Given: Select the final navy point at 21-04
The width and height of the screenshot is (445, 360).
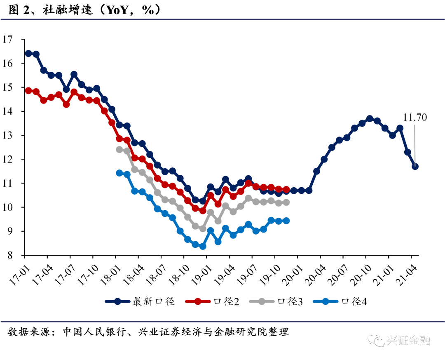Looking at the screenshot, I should (x=415, y=167).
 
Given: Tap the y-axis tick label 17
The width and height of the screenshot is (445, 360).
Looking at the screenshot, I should (x=7, y=40).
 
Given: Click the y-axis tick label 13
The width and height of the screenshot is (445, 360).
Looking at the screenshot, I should (x=7, y=135).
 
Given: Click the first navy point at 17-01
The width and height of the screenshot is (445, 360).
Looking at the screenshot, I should (x=28, y=53).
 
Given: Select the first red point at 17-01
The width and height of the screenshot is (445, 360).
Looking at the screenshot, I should (x=28, y=91).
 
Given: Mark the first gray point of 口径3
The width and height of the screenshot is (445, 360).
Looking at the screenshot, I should (x=119, y=149).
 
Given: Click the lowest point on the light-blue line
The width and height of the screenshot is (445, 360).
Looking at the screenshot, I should (x=203, y=246).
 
